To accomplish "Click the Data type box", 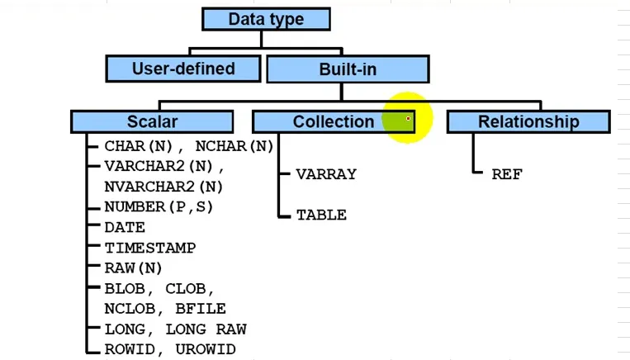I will (x=266, y=19).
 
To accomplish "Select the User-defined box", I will (x=183, y=69).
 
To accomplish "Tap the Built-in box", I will (x=348, y=69).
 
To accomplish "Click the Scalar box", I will (x=152, y=121).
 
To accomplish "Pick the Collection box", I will (x=333, y=121).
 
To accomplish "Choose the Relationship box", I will (x=528, y=121).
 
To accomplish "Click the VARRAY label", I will (x=326, y=174).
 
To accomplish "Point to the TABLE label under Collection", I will (x=321, y=215).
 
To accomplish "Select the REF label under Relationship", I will (x=507, y=174).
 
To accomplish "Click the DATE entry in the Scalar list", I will (x=125, y=227).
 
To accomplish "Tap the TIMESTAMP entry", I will (x=149, y=248).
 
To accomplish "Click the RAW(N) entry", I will (x=133, y=268).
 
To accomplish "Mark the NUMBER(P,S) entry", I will (x=159, y=207).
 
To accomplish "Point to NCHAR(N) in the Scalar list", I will (x=234, y=146).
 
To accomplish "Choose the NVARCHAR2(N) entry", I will (x=163, y=187).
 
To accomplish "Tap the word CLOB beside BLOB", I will (x=188, y=288).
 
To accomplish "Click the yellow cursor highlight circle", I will (x=408, y=118).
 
